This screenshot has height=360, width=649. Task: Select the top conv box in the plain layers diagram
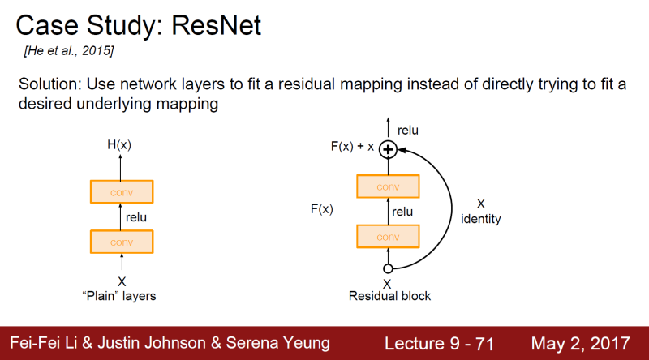(x=122, y=191)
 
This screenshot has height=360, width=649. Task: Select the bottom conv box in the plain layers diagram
(x=122, y=242)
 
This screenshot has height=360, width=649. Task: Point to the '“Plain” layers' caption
(x=122, y=296)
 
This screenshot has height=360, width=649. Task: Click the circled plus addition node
(x=388, y=149)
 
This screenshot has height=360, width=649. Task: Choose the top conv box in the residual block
(x=388, y=186)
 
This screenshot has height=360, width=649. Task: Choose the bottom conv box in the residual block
(x=388, y=236)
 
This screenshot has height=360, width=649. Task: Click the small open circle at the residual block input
(x=388, y=268)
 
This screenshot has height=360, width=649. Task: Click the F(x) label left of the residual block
(x=321, y=209)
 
